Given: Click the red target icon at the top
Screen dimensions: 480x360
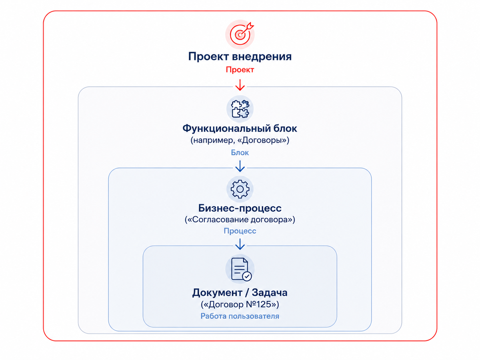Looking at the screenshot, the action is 240,34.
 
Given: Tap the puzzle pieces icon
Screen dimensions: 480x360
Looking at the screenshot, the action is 240,109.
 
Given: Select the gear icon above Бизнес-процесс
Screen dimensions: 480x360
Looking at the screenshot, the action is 240,189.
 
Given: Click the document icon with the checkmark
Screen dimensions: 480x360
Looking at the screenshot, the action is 240,269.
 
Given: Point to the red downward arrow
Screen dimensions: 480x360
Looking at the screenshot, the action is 240,85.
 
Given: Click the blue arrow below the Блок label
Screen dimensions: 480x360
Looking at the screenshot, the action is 240,166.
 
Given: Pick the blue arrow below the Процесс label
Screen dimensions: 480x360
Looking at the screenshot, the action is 240,244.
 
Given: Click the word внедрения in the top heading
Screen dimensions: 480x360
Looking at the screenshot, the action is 262,56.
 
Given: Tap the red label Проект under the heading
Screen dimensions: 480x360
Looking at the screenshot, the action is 240,70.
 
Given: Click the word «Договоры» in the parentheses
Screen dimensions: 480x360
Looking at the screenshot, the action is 263,140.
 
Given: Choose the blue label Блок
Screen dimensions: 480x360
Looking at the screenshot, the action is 240,152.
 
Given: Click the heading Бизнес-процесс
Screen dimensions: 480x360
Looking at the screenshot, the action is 240,208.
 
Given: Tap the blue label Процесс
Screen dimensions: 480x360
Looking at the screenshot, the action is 240,231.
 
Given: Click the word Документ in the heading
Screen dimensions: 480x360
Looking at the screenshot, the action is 217,292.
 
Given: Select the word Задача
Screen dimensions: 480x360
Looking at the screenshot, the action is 270,292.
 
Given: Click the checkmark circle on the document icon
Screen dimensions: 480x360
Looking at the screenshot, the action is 247,276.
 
